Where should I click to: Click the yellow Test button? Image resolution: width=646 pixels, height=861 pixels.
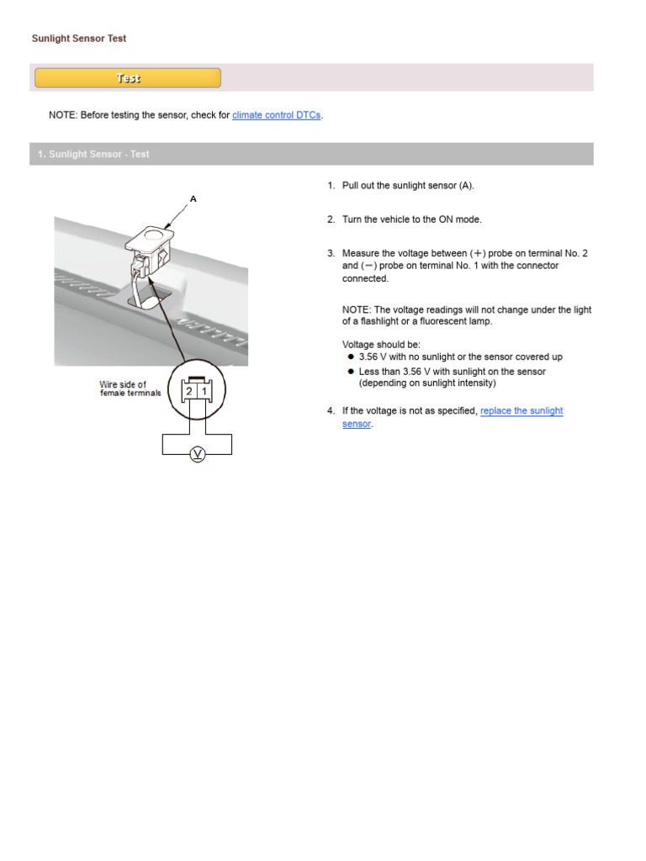(x=128, y=78)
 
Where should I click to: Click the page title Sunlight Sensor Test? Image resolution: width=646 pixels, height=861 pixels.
(x=79, y=39)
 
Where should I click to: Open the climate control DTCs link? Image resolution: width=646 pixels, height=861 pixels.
(x=276, y=115)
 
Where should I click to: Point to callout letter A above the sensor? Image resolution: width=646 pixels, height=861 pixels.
(x=193, y=199)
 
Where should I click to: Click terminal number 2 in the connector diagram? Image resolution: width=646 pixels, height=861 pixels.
(x=189, y=391)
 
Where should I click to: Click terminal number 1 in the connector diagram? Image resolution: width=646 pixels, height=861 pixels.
(x=204, y=391)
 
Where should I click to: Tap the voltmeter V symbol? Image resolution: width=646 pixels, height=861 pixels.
(x=198, y=455)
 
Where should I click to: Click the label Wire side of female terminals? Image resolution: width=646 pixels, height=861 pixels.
(x=130, y=388)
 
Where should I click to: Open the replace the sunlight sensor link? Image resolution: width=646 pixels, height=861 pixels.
(x=521, y=411)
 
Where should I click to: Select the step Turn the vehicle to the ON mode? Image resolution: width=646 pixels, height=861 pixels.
(x=411, y=219)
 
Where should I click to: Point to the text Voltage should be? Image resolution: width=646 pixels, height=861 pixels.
(x=381, y=345)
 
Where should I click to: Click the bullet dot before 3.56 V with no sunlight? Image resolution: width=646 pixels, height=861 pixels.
(x=350, y=357)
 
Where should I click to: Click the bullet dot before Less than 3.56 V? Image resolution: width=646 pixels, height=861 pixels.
(x=350, y=371)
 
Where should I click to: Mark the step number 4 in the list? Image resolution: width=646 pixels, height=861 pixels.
(x=331, y=411)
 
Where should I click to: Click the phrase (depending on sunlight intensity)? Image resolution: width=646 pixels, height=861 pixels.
(x=427, y=383)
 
